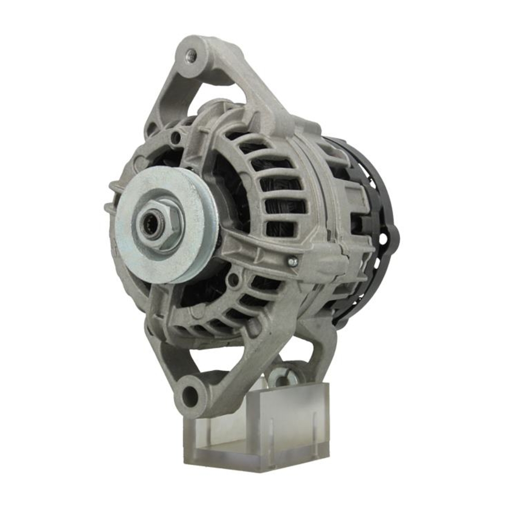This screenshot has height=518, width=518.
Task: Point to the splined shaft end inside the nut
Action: tap(151, 227)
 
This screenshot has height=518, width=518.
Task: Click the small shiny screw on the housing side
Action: tap(293, 262)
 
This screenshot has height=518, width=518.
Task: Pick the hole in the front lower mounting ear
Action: tap(191, 395)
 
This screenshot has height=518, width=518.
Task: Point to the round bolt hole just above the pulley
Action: tap(177, 138)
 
